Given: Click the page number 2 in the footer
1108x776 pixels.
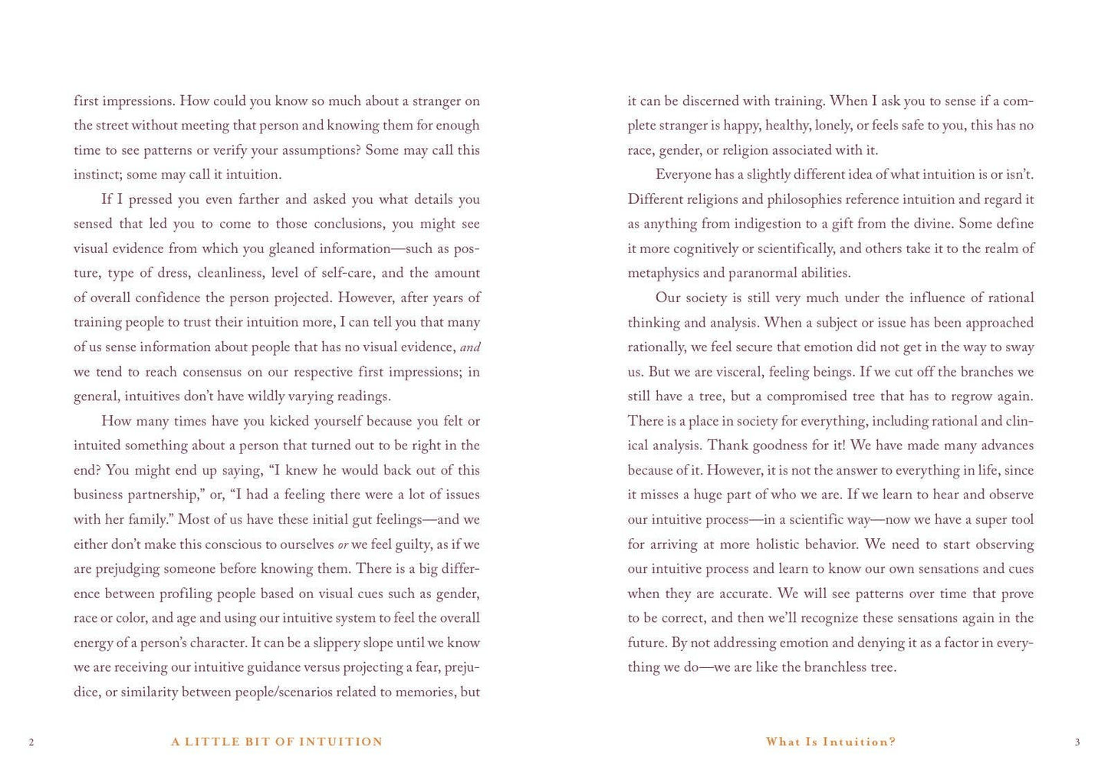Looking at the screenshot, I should point(31,742).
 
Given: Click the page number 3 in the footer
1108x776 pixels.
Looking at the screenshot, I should point(1077,742).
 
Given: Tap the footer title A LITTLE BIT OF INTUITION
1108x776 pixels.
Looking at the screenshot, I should point(277,741).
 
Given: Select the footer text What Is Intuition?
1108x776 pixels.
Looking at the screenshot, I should point(831,741).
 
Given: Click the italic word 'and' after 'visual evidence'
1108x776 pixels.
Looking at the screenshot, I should point(470,347).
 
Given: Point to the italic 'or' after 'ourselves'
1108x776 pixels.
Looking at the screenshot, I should point(343,544).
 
